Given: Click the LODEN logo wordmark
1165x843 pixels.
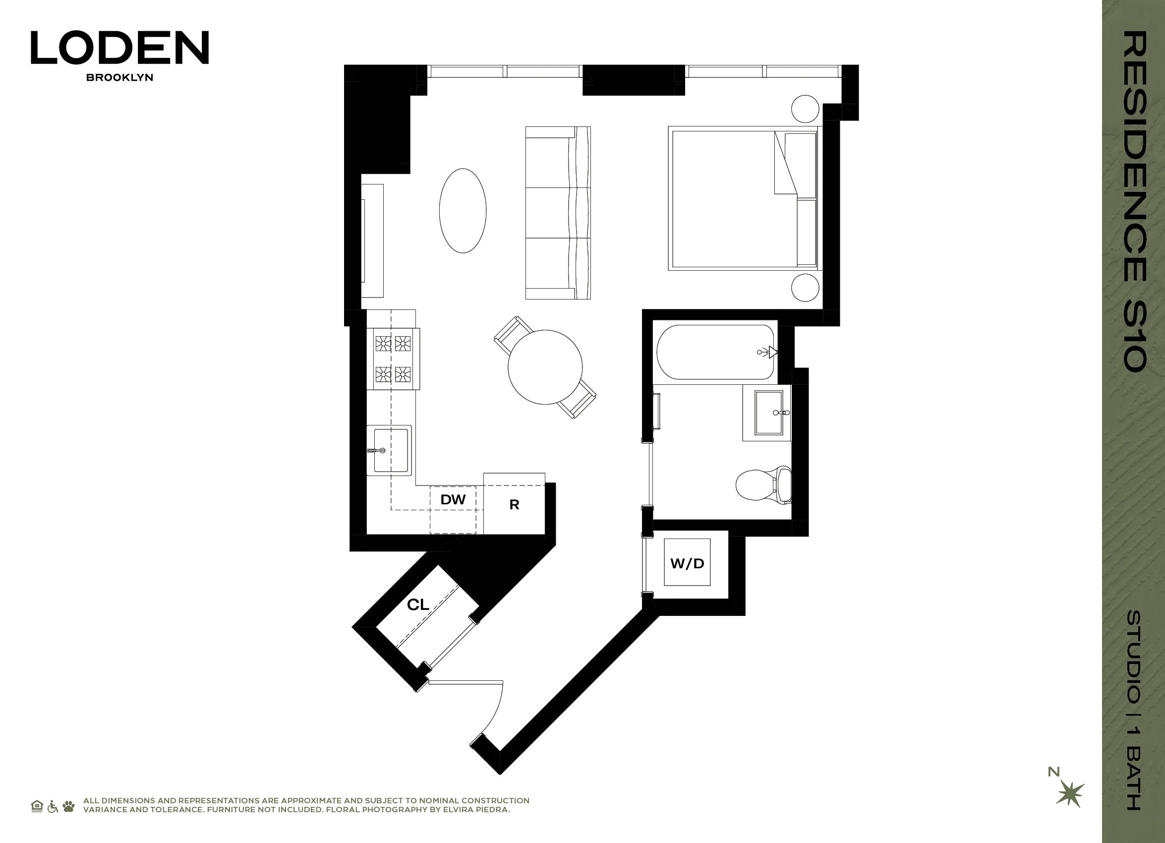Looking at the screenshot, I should tap(119, 47).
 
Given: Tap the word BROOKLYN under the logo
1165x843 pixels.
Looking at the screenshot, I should tap(119, 77).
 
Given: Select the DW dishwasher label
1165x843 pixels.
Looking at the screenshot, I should tap(453, 499).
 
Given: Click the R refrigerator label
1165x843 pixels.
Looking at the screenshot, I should tap(514, 504).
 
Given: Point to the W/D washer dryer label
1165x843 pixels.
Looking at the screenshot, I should tap(687, 563).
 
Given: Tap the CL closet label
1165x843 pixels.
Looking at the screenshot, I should tap(417, 604).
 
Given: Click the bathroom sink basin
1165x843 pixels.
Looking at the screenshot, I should tap(768, 412).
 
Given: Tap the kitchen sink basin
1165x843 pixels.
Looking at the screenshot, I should tap(390, 451).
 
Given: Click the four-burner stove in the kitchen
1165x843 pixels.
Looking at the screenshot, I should tap(393, 359).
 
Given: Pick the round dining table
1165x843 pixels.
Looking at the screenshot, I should tap(545, 367).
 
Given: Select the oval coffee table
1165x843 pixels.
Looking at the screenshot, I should tap(463, 211).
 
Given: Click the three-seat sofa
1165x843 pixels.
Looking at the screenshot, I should tap(557, 213).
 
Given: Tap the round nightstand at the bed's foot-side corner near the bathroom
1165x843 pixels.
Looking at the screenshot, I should tap(805, 287).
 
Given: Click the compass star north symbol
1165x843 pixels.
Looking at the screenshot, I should tap(1070, 795).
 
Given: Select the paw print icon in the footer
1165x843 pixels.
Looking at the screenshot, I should tap(68, 806).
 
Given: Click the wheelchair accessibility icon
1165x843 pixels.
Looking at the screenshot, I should tap(53, 806).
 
